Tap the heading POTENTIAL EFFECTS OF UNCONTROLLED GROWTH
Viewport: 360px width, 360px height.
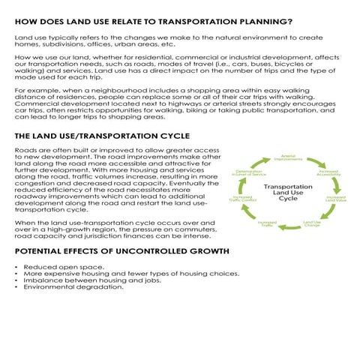point(117,250)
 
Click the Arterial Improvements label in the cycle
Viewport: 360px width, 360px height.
point(288,157)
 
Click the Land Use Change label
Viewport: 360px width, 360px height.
point(312,223)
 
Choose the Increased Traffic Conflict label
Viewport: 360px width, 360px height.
point(244,199)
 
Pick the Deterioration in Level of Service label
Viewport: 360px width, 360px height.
point(250,173)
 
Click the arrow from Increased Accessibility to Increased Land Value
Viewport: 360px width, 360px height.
point(336,185)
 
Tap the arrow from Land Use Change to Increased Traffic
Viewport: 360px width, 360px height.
point(290,226)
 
